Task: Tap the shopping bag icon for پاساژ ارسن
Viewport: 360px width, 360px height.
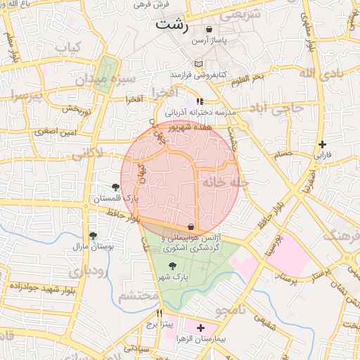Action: point(209,30)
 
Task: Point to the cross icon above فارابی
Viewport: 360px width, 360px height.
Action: point(322,143)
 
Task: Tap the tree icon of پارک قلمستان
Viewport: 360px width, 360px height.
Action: point(115,187)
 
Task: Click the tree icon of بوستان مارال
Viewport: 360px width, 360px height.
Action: point(93,236)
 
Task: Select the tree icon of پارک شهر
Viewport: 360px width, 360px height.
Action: point(173,266)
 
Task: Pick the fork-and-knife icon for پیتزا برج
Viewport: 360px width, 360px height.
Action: point(159,314)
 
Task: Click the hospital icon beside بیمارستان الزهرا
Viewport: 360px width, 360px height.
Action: point(201,328)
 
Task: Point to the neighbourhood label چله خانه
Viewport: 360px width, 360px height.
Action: point(226,182)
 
